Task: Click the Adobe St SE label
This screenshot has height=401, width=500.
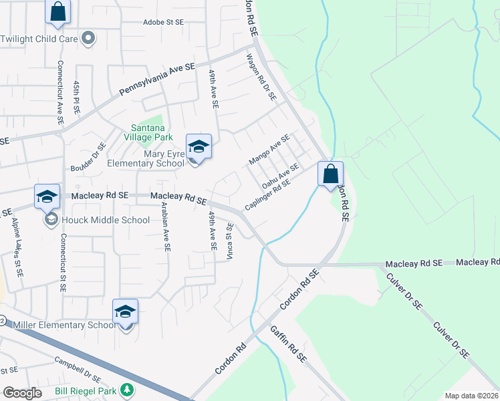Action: [x=163, y=22]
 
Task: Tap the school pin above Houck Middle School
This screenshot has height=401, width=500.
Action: [x=47, y=196]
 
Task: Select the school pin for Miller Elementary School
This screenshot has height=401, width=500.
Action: [x=125, y=312]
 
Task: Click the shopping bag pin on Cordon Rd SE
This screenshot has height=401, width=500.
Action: [x=330, y=174]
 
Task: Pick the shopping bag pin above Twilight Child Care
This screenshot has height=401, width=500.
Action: [x=57, y=11]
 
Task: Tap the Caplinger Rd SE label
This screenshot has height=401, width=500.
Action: [x=268, y=194]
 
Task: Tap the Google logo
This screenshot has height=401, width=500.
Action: [x=22, y=393]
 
